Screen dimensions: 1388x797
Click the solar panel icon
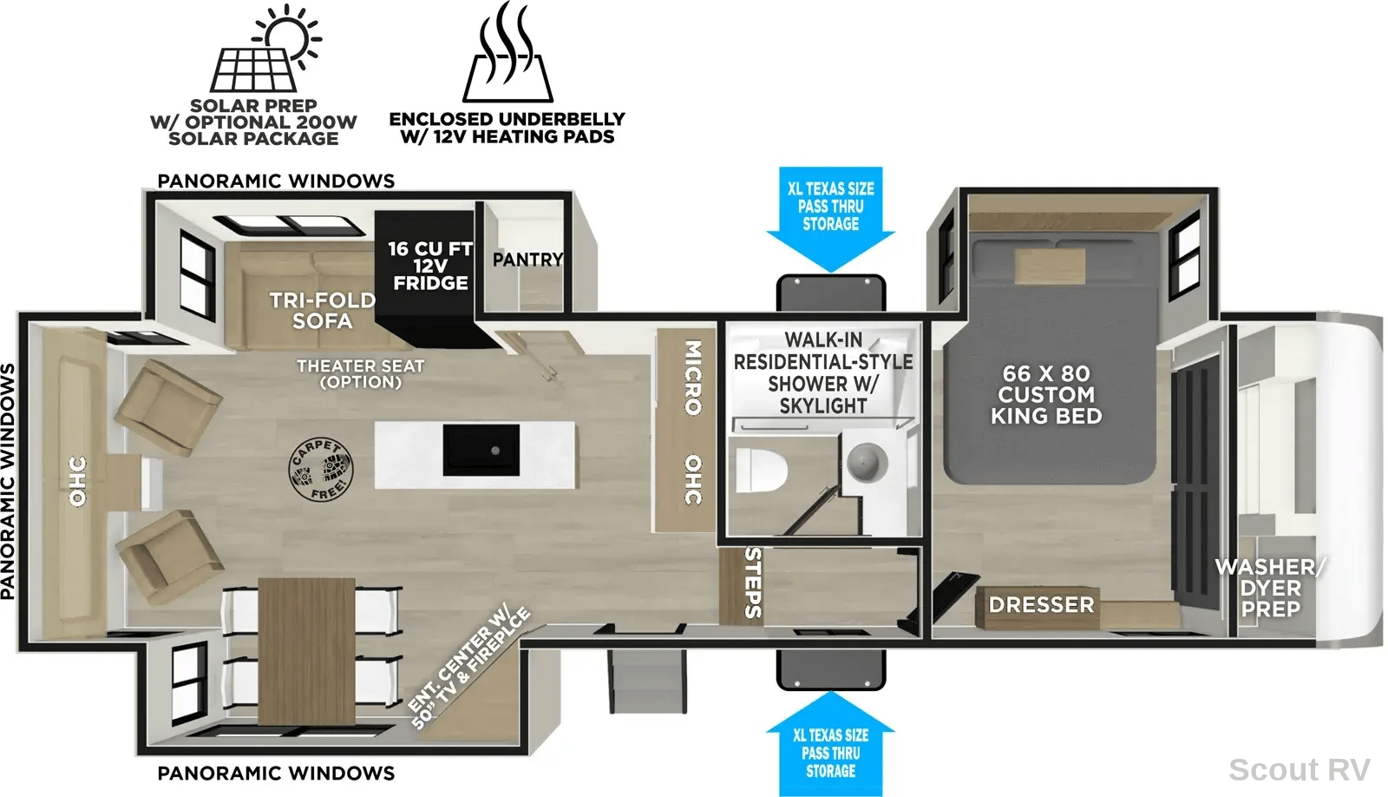pyautogui.click(x=265, y=49)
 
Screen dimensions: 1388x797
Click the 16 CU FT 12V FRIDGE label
pyautogui.click(x=430, y=266)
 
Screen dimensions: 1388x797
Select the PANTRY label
pyautogui.click(x=528, y=260)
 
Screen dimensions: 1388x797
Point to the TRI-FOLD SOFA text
pyautogui.click(x=322, y=310)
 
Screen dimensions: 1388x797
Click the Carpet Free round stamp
pyautogui.click(x=320, y=470)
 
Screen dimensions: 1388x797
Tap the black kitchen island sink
pyautogui.click(x=481, y=450)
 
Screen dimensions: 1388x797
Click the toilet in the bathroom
pyautogui.click(x=761, y=470)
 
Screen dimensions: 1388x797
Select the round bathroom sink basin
pyautogui.click(x=867, y=462)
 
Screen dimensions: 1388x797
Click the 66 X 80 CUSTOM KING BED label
pyautogui.click(x=1046, y=394)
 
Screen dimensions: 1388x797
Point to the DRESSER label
pyautogui.click(x=1041, y=605)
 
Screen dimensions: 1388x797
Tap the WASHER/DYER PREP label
pyautogui.click(x=1270, y=588)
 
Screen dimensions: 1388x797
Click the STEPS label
pyautogui.click(x=752, y=583)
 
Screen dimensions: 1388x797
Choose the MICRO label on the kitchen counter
pyautogui.click(x=693, y=377)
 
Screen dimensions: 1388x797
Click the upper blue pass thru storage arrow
pyautogui.click(x=831, y=220)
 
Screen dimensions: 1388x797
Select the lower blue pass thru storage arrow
pyautogui.click(x=831, y=744)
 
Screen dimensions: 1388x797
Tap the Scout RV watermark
pyautogui.click(x=1300, y=770)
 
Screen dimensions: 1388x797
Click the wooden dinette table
pyautogui.click(x=307, y=650)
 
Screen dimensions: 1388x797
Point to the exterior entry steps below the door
pyautogui.click(x=647, y=681)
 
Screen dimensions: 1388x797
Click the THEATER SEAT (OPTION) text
pyautogui.click(x=361, y=374)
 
